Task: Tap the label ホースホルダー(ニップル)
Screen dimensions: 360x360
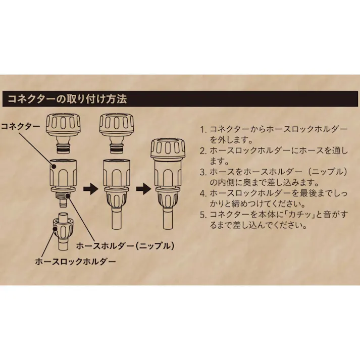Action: (125, 246)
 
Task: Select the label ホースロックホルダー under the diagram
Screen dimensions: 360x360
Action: (75, 262)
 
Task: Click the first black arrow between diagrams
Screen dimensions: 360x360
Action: (90, 189)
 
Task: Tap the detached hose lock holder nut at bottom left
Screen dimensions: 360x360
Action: (64, 229)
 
